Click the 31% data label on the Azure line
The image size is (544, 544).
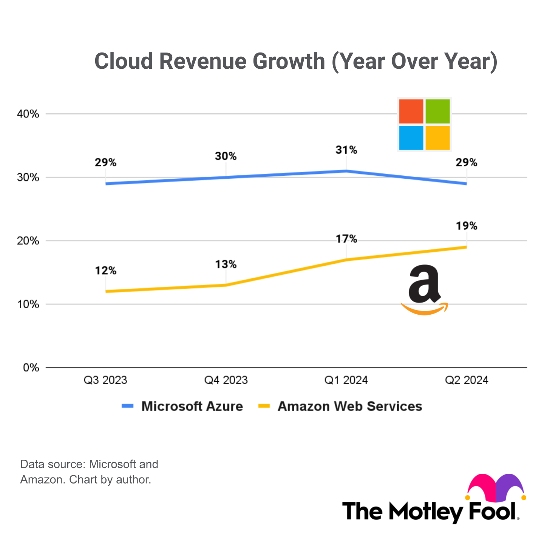346,150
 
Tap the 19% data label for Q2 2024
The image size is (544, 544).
467,226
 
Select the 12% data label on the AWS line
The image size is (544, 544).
105,270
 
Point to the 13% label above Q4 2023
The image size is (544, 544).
226,264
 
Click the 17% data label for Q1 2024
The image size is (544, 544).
346,239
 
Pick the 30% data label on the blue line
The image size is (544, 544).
226,156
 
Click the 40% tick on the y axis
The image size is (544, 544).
28,114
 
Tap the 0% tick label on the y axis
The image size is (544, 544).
31,368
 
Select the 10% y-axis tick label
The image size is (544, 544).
28,304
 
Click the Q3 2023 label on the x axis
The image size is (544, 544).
105,380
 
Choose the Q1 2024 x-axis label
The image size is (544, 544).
346,380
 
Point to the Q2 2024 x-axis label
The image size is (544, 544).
467,380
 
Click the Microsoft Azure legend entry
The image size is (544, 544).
192,406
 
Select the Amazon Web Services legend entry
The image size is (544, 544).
349,406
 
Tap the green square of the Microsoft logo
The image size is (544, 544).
437,111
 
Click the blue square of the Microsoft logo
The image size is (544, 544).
411,138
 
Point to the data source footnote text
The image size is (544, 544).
89,472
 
